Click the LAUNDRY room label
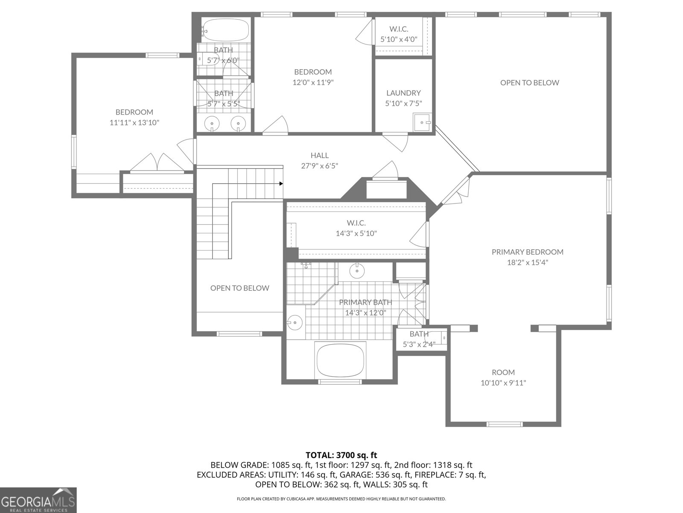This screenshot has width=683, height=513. coord(403,93)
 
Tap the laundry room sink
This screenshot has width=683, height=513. coord(422,122)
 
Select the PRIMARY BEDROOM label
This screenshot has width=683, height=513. coord(527,252)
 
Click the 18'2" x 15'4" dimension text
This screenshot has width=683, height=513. coord(527,262)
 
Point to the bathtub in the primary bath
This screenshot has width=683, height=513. coord(340,360)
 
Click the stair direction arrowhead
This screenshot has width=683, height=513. coord(281,184)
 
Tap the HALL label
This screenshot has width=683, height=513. coord(319,156)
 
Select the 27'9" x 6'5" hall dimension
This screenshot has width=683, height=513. coord(319,166)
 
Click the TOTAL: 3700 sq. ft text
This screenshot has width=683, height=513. coord(341,455)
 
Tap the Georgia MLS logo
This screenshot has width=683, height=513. coord(38,500)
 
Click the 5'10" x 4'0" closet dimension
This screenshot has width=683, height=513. coord(399,39)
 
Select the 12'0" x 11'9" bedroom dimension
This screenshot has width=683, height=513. coord(312,83)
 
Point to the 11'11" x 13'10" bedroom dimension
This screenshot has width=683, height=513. coord(134,123)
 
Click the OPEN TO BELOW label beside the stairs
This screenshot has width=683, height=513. coord(239,288)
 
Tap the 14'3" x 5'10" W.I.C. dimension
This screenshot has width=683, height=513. coord(356,233)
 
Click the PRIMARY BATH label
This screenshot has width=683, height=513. coord(365,302)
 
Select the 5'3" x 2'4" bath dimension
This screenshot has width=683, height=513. coord(419,345)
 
